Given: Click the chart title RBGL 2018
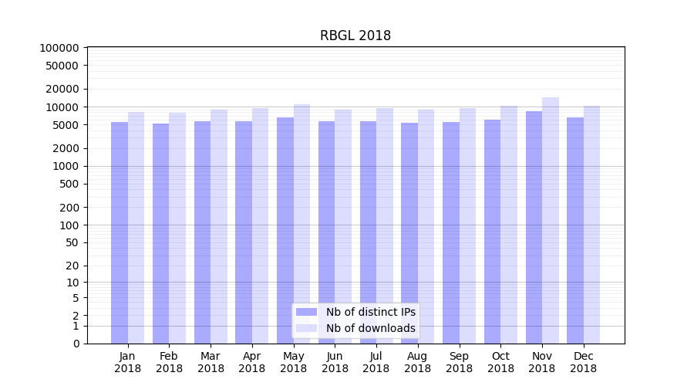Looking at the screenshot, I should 355,36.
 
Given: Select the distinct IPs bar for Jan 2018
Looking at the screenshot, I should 120,232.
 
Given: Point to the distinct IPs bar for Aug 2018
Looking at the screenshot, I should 409,232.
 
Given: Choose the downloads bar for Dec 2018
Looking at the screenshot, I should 592,224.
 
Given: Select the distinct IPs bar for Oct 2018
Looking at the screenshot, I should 492,231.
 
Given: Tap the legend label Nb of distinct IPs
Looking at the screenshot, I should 371,312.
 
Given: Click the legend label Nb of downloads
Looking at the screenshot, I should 371,328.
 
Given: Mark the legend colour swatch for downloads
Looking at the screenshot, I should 306,328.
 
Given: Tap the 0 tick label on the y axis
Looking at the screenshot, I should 76,344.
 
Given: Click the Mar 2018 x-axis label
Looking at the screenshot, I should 211,362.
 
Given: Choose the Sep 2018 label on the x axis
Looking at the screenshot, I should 459,362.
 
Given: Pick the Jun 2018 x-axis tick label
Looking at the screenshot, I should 335,362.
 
